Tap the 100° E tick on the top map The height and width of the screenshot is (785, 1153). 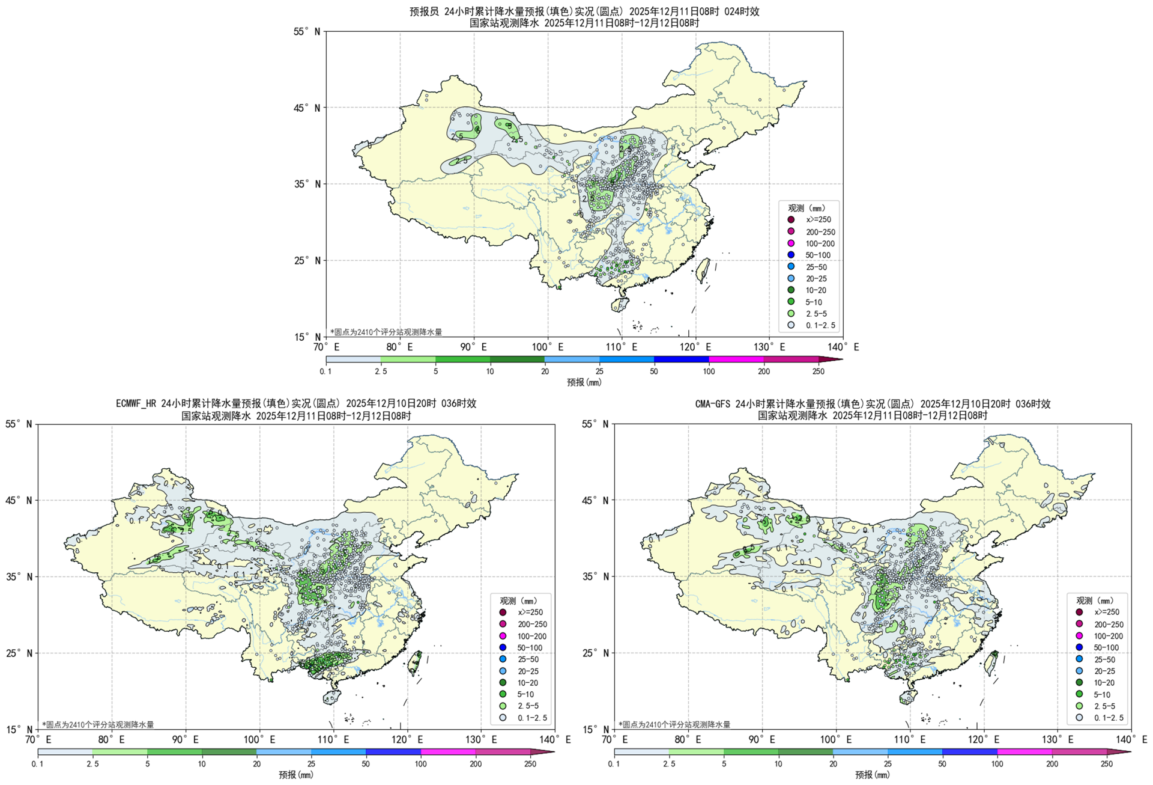tap(547, 347)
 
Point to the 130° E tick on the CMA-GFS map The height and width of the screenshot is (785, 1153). tap(1058, 740)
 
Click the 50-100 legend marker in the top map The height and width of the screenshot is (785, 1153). tap(791, 255)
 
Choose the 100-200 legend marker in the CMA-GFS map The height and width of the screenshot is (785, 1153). tap(1079, 636)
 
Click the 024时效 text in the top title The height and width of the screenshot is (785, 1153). tap(741, 11)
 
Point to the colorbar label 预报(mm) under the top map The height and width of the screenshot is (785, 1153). tap(584, 382)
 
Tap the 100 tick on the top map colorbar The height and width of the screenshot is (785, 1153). tap(709, 371)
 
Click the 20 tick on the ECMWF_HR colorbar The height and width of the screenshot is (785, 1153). tap(256, 764)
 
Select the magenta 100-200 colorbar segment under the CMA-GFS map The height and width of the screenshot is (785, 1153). tap(1024, 751)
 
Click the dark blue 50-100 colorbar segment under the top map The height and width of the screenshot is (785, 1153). tap(681, 359)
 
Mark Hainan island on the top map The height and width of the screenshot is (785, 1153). tap(620, 305)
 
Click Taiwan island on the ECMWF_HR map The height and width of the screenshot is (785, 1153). tap(414, 662)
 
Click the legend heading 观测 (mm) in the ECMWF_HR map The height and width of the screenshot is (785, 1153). tap(518, 600)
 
